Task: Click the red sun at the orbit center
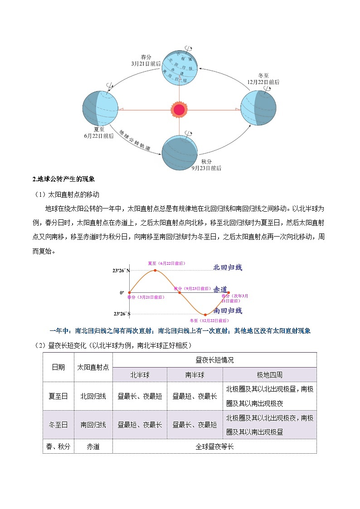coord(179,109)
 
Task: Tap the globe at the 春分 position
coord(180,68)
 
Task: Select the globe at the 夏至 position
coord(100,108)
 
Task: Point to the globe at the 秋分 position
coord(180,150)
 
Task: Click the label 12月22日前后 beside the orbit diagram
coord(263,82)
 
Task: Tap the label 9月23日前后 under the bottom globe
coord(206,168)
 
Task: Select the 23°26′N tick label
coord(121,270)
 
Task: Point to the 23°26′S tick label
coord(121,314)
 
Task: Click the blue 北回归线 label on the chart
coord(228,267)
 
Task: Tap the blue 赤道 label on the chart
coord(220,289)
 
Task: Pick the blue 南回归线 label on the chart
coord(228,310)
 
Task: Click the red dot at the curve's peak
coord(156,270)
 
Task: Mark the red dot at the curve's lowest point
coord(205,314)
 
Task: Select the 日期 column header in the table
coord(58,367)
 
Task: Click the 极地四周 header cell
coord(269,375)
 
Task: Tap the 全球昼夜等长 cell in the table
coord(214,446)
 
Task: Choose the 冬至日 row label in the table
coord(58,425)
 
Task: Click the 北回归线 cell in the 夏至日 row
coord(93,396)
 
